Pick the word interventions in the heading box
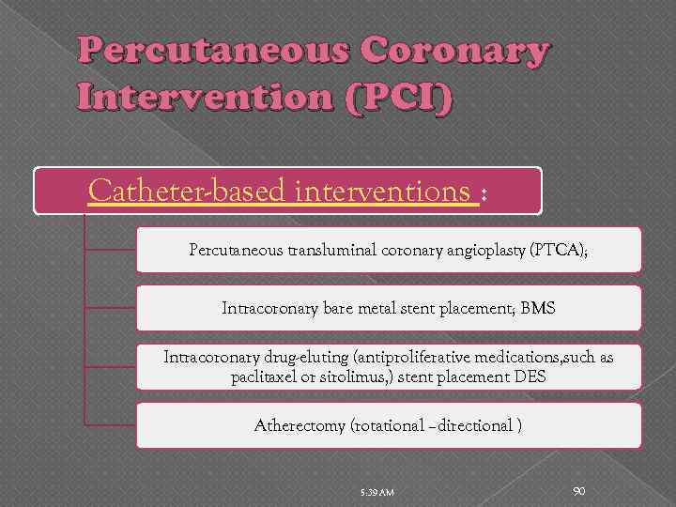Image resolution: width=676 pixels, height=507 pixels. pyautogui.click(x=382, y=192)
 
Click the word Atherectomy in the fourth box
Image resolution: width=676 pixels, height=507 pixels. pyautogui.click(x=300, y=425)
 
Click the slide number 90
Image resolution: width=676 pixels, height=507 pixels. pyautogui.click(x=579, y=489)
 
